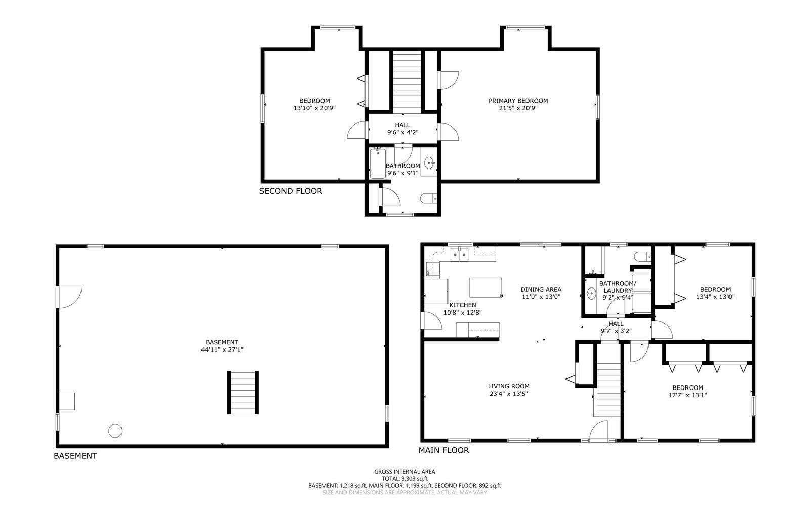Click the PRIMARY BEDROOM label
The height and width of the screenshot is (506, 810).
tap(518, 101)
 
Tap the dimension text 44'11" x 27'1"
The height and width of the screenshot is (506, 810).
tap(222, 349)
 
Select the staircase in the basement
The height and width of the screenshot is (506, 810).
tap(243, 393)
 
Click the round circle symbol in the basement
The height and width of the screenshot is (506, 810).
tap(115, 431)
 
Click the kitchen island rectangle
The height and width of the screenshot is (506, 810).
tap(485, 287)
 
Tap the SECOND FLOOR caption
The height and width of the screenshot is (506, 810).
tap(290, 191)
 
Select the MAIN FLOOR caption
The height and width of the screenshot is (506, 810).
tap(443, 450)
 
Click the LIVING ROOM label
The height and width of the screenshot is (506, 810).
tap(508, 386)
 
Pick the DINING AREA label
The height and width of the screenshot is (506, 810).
tap(541, 290)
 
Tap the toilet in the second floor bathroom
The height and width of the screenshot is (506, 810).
tap(428, 199)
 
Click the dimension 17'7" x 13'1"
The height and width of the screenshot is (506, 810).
tap(687, 395)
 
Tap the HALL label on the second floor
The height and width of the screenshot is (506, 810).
tap(402, 125)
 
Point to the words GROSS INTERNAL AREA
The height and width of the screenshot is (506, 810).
tap(404, 472)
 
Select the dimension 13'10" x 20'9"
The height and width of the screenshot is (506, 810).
tap(314, 108)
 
